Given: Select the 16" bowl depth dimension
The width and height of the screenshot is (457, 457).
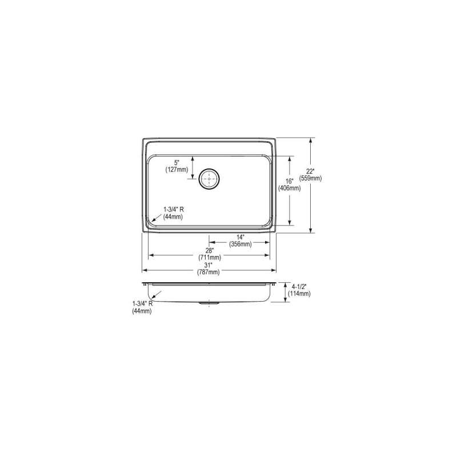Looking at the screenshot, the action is point(289,181).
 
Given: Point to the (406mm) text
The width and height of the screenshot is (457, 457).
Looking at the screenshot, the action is point(289,189).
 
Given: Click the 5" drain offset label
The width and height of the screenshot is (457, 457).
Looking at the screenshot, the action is point(177,163).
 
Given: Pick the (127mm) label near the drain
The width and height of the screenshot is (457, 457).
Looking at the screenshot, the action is point(177,170).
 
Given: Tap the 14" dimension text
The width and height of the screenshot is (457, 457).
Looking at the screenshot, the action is point(240,237).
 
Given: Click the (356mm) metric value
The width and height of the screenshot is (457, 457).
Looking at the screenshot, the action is point(240,244).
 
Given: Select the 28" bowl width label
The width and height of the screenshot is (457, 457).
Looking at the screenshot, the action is point(210,251).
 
